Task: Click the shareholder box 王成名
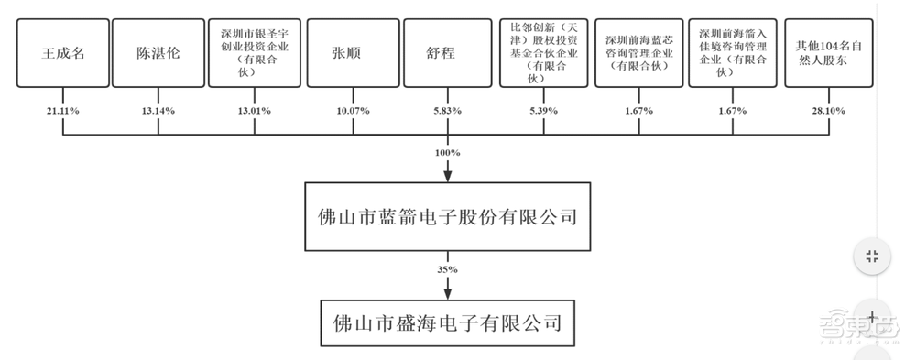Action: click(64, 53)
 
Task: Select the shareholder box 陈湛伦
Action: click(158, 53)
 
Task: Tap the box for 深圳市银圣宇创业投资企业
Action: click(254, 53)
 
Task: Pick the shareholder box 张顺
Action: click(350, 53)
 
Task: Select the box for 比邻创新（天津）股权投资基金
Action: click(542, 53)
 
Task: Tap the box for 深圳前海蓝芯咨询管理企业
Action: click(638, 53)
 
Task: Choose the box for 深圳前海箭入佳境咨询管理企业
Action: click(733, 53)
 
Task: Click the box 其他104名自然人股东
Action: click(829, 53)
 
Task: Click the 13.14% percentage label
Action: click(158, 110)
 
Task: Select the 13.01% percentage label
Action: click(254, 110)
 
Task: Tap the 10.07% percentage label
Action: click(350, 110)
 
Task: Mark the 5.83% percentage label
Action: click(446, 110)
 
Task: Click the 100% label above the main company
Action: click(447, 149)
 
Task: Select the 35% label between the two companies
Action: click(447, 269)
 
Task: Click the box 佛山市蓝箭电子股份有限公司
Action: click(447, 218)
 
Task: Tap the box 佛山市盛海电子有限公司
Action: click(447, 322)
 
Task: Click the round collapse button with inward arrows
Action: click(872, 256)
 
